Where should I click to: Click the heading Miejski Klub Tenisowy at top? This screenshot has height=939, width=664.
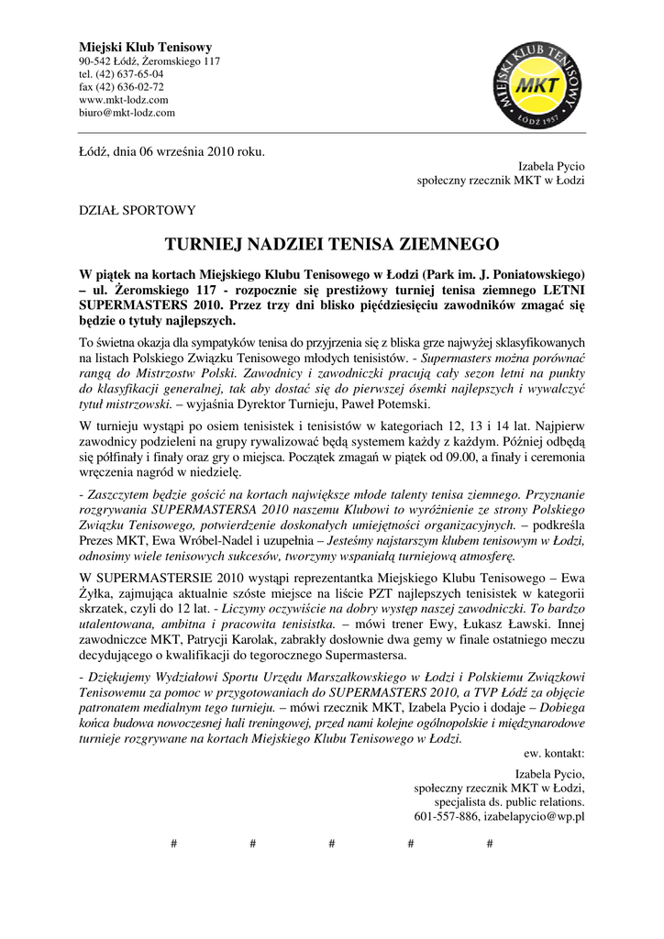146,47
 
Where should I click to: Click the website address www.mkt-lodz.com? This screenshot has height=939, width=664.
124,99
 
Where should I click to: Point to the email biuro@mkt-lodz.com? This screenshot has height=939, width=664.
127,112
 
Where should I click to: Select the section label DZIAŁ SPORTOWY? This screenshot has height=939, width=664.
137,210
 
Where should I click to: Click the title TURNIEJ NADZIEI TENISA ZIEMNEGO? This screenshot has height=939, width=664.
331,245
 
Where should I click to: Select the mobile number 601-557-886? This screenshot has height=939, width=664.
447,815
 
